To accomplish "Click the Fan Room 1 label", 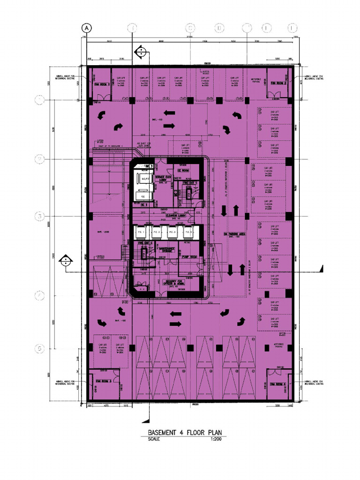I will tap(102, 85).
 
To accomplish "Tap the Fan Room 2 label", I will tap(278, 83).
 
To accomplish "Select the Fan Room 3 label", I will tap(103, 382).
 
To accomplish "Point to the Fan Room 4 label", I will tap(278, 384).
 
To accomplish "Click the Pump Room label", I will tap(189, 257).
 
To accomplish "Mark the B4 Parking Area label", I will tap(232, 233).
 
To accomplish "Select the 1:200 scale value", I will tap(213, 439).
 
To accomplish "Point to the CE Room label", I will tap(183, 170).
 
